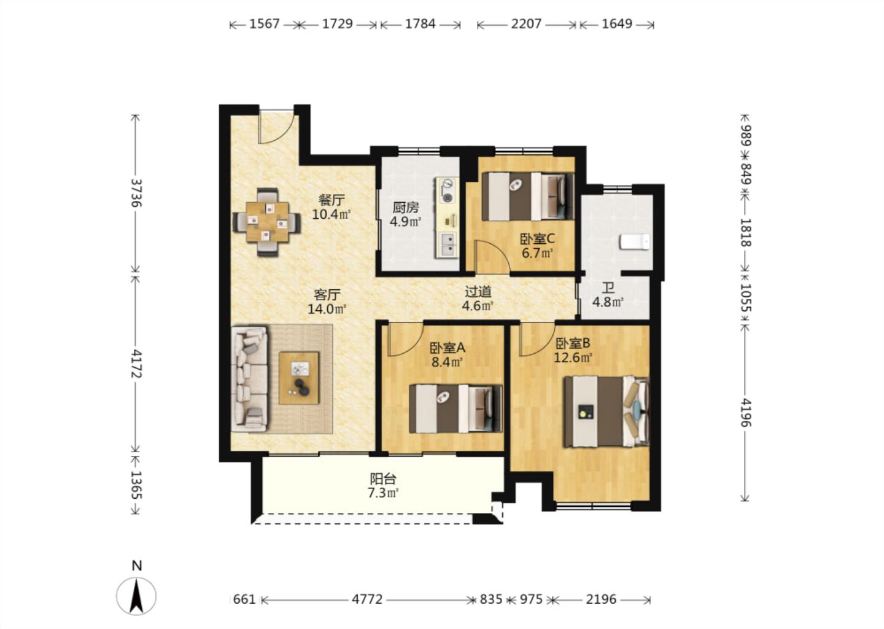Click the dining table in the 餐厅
point(267,222)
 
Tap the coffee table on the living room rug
point(299,378)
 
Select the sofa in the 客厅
point(250,378)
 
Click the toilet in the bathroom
point(635,241)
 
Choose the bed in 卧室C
point(528,196)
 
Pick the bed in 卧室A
point(456,408)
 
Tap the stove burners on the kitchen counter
point(448,190)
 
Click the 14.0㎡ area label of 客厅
point(327,309)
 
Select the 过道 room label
point(478,292)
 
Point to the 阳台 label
point(383,479)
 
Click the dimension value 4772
point(367,600)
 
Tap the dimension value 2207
point(526,24)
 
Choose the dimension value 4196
point(745,412)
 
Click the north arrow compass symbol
point(136,595)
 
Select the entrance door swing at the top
point(276,127)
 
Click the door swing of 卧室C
point(491,256)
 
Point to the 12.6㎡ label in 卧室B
point(573,357)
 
